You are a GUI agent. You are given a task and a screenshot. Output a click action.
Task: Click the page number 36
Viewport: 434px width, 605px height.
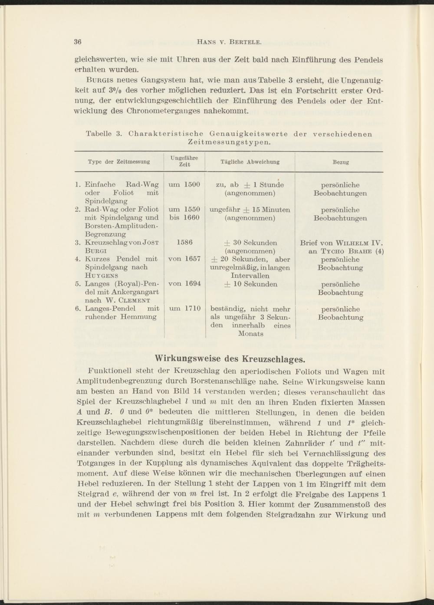pyautogui.click(x=78, y=42)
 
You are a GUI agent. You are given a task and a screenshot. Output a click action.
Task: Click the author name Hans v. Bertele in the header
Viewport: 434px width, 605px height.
pyautogui.click(x=229, y=42)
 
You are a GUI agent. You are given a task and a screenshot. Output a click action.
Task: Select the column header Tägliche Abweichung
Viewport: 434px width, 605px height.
pyautogui.click(x=250, y=162)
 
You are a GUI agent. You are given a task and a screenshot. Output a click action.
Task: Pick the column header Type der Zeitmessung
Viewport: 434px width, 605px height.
pyautogui.click(x=118, y=162)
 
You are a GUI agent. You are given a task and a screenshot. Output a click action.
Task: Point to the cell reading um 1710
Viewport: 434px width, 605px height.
pyautogui.click(x=184, y=309)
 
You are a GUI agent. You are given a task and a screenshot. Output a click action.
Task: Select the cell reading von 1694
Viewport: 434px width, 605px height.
pyautogui.click(x=184, y=284)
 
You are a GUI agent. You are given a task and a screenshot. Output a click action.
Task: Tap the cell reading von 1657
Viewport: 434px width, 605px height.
pyautogui.click(x=184, y=259)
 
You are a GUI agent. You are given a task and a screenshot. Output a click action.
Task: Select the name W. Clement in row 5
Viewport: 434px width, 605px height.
pyautogui.click(x=128, y=300)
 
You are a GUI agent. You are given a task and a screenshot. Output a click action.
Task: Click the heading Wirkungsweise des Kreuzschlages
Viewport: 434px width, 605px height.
pyautogui.click(x=230, y=359)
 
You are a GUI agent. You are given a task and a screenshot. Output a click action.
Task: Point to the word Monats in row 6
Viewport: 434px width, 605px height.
pyautogui.click(x=250, y=334)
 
